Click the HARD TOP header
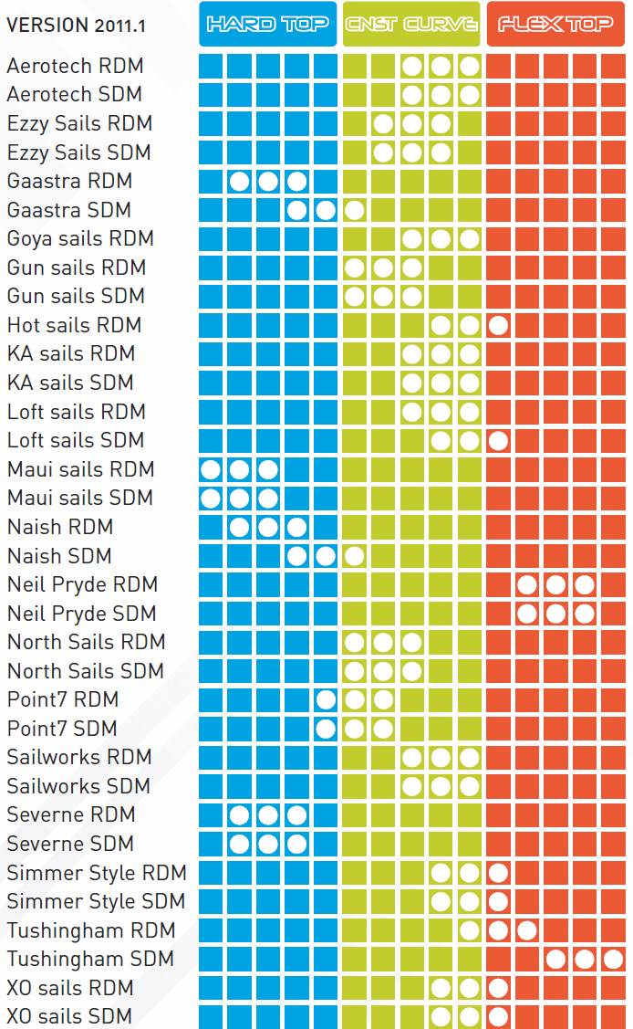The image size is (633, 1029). pos(267,24)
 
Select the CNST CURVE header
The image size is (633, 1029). pos(411,24)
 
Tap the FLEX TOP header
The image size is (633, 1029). pos(555,24)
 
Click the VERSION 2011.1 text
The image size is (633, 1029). pos(75,26)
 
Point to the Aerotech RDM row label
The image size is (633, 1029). pos(75,66)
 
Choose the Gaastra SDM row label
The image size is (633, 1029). pos(69,210)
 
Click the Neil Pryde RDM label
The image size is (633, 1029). pos(82,584)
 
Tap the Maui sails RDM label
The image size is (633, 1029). pos(80,469)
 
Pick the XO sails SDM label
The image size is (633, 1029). pos(69,1016)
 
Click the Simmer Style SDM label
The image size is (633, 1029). pos(96,901)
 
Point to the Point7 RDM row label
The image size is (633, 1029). pos(63,699)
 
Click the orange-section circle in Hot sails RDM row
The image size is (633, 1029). pos(498,325)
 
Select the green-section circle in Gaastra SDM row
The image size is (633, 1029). pos(355,210)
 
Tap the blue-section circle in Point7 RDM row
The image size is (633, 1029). pos(326,700)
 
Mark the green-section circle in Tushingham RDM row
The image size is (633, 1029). pos(470,930)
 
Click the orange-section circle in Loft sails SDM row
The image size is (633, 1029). pos(498,440)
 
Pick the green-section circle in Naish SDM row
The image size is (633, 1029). pos(355,555)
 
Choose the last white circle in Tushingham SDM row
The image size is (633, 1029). pos(613,959)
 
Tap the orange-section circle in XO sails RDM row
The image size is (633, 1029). pos(498,988)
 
